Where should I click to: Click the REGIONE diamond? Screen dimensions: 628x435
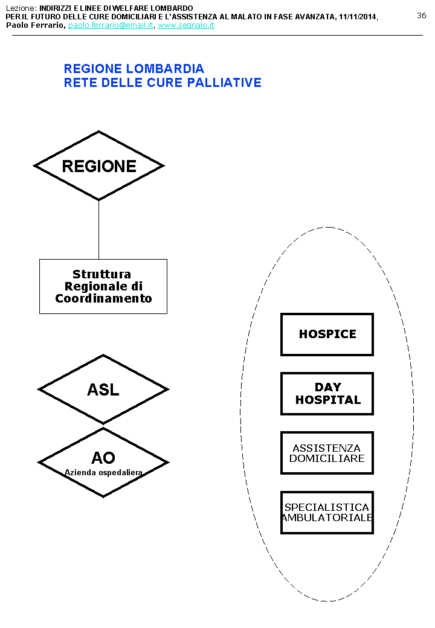click(x=99, y=166)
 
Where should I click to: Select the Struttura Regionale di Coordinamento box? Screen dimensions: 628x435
click(x=103, y=286)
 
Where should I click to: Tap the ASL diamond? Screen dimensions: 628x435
click(x=103, y=389)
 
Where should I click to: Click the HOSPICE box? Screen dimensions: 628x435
click(x=327, y=334)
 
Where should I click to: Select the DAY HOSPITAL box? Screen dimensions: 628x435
click(x=327, y=393)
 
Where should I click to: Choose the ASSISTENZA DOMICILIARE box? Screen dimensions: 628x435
click(x=327, y=453)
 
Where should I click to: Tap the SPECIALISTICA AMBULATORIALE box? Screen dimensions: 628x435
click(x=327, y=512)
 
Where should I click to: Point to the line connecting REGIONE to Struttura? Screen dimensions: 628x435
click(x=98, y=229)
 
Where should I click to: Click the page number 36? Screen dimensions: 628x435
click(x=422, y=16)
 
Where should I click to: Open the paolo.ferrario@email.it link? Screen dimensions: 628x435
click(x=111, y=25)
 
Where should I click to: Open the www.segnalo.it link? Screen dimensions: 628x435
click(x=186, y=25)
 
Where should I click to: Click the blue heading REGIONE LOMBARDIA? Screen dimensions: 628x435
click(x=134, y=69)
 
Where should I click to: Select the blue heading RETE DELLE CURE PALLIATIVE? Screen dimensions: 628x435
click(x=163, y=82)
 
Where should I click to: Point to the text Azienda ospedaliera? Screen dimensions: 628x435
click(x=103, y=472)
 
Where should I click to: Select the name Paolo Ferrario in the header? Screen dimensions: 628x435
click(x=35, y=25)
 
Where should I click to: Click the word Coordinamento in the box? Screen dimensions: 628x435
click(x=103, y=298)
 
